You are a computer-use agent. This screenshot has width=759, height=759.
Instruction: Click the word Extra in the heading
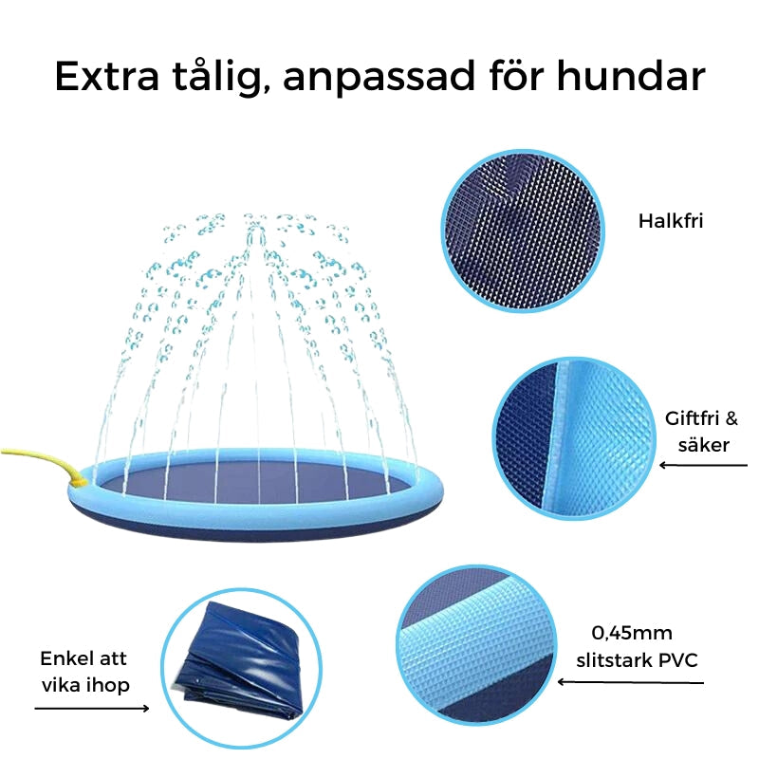pyautogui.click(x=107, y=77)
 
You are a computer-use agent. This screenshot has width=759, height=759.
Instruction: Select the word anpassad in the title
pyautogui.click(x=379, y=78)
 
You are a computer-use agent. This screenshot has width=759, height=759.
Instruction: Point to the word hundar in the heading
pyautogui.click(x=631, y=76)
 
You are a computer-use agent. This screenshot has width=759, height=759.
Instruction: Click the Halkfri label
pyautogui.click(x=671, y=221)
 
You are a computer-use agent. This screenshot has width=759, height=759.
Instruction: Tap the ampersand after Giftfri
pyautogui.click(x=731, y=418)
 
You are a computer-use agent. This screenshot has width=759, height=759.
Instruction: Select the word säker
pyautogui.click(x=703, y=444)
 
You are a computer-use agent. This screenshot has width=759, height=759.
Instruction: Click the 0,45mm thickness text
pyautogui.click(x=632, y=633)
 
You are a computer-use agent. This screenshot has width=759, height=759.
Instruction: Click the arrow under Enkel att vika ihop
pyautogui.click(x=92, y=709)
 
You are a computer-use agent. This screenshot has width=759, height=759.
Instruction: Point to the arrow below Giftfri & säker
pyautogui.click(x=703, y=466)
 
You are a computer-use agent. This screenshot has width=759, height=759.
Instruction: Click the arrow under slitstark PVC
pyautogui.click(x=630, y=682)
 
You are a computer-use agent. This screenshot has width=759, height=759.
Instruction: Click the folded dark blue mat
pyautogui.click(x=241, y=662)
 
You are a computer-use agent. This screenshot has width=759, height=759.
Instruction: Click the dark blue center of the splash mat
pyautogui.click(x=255, y=483)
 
